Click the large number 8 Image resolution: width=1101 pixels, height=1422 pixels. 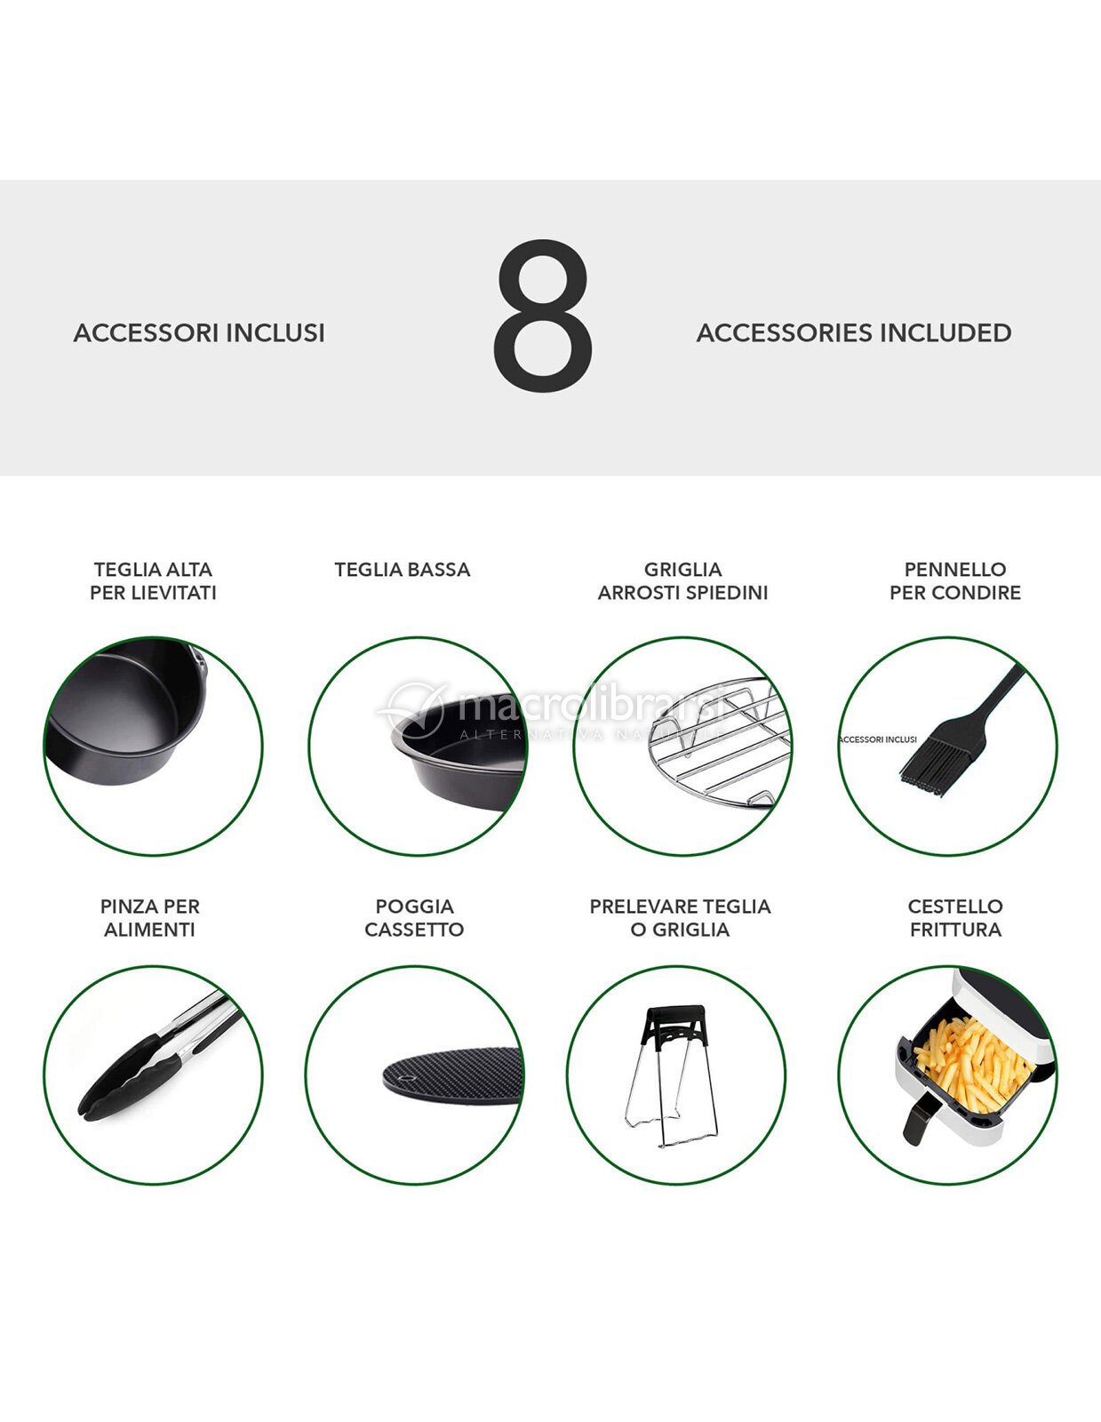point(543,316)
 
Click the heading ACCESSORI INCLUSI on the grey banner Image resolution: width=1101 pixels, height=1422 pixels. point(199,333)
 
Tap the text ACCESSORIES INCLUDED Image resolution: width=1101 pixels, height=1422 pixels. point(854,333)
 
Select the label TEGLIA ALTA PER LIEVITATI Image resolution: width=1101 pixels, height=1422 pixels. point(153,581)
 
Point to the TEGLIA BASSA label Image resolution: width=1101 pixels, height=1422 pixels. point(403,570)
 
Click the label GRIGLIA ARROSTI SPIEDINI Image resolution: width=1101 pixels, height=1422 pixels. point(682,581)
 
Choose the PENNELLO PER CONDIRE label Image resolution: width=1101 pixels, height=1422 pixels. point(955,581)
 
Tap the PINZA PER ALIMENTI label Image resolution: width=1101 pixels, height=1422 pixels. point(150,918)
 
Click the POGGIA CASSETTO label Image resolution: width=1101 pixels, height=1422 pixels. point(414,918)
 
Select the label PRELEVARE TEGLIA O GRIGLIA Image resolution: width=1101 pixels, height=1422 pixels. point(680,918)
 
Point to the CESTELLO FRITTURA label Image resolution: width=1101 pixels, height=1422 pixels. point(955,918)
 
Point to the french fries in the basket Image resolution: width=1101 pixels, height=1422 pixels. point(975,1066)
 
